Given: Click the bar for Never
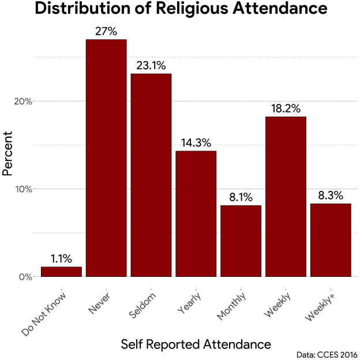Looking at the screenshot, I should [106, 158].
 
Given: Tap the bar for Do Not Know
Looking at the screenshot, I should [61, 272].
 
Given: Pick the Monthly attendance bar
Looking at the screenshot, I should [241, 241].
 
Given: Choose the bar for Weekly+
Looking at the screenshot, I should [331, 240].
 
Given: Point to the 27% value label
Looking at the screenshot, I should [106, 31].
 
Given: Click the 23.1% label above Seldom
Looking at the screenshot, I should [151, 66].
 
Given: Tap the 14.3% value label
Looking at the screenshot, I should [196, 143].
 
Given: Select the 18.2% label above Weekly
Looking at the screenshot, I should [286, 108].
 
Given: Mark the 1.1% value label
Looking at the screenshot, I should [61, 259].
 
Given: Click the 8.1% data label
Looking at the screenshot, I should [241, 197].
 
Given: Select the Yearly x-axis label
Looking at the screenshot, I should [190, 303].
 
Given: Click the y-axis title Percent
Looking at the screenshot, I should [8, 153].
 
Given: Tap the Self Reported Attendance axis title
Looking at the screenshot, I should [196, 344].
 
